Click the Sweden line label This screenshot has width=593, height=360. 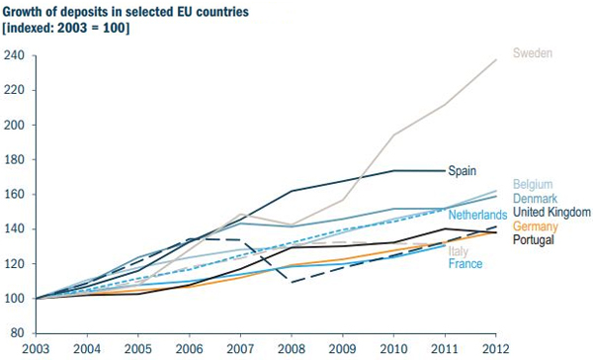tap(531, 52)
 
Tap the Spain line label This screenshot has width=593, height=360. tap(463, 170)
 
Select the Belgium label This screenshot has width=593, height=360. tap(532, 185)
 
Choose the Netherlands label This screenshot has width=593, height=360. tap(477, 215)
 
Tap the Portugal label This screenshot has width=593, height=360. tap(533, 239)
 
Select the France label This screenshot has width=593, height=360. tap(466, 264)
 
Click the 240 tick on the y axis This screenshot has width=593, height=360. tap(14, 55)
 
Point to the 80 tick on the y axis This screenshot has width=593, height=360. tap(17, 333)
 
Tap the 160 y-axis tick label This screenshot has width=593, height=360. tap(14, 159)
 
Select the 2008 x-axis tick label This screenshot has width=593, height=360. tap(291, 349)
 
